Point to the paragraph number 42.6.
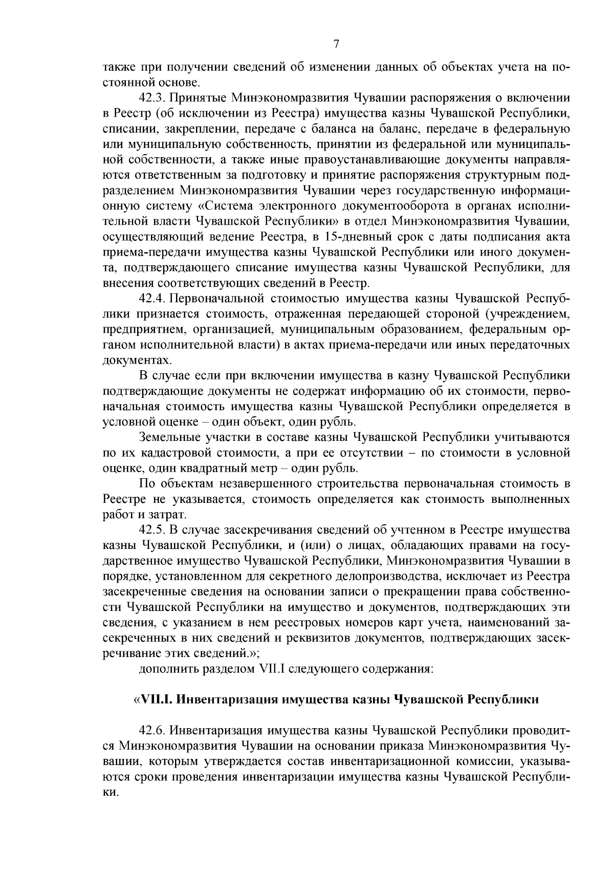tap(151, 731)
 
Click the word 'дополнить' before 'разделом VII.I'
tap(163, 669)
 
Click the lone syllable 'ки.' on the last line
tap(111, 792)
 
